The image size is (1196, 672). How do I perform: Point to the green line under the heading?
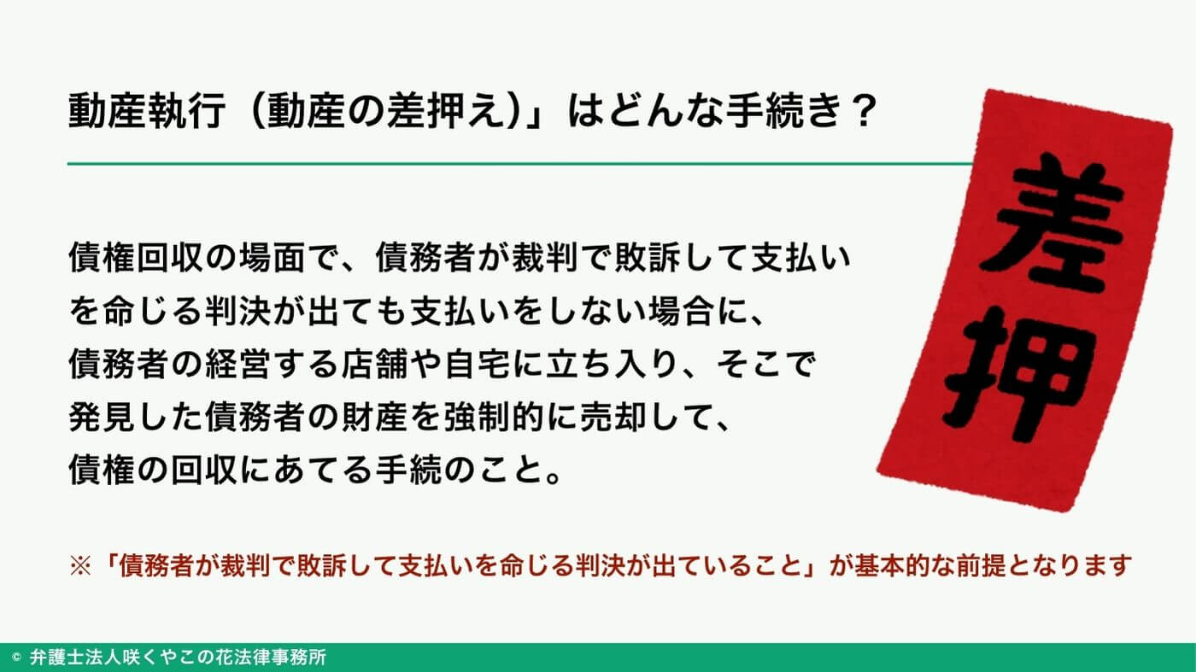coord(513,162)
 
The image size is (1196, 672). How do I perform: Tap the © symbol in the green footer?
coord(17,658)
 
